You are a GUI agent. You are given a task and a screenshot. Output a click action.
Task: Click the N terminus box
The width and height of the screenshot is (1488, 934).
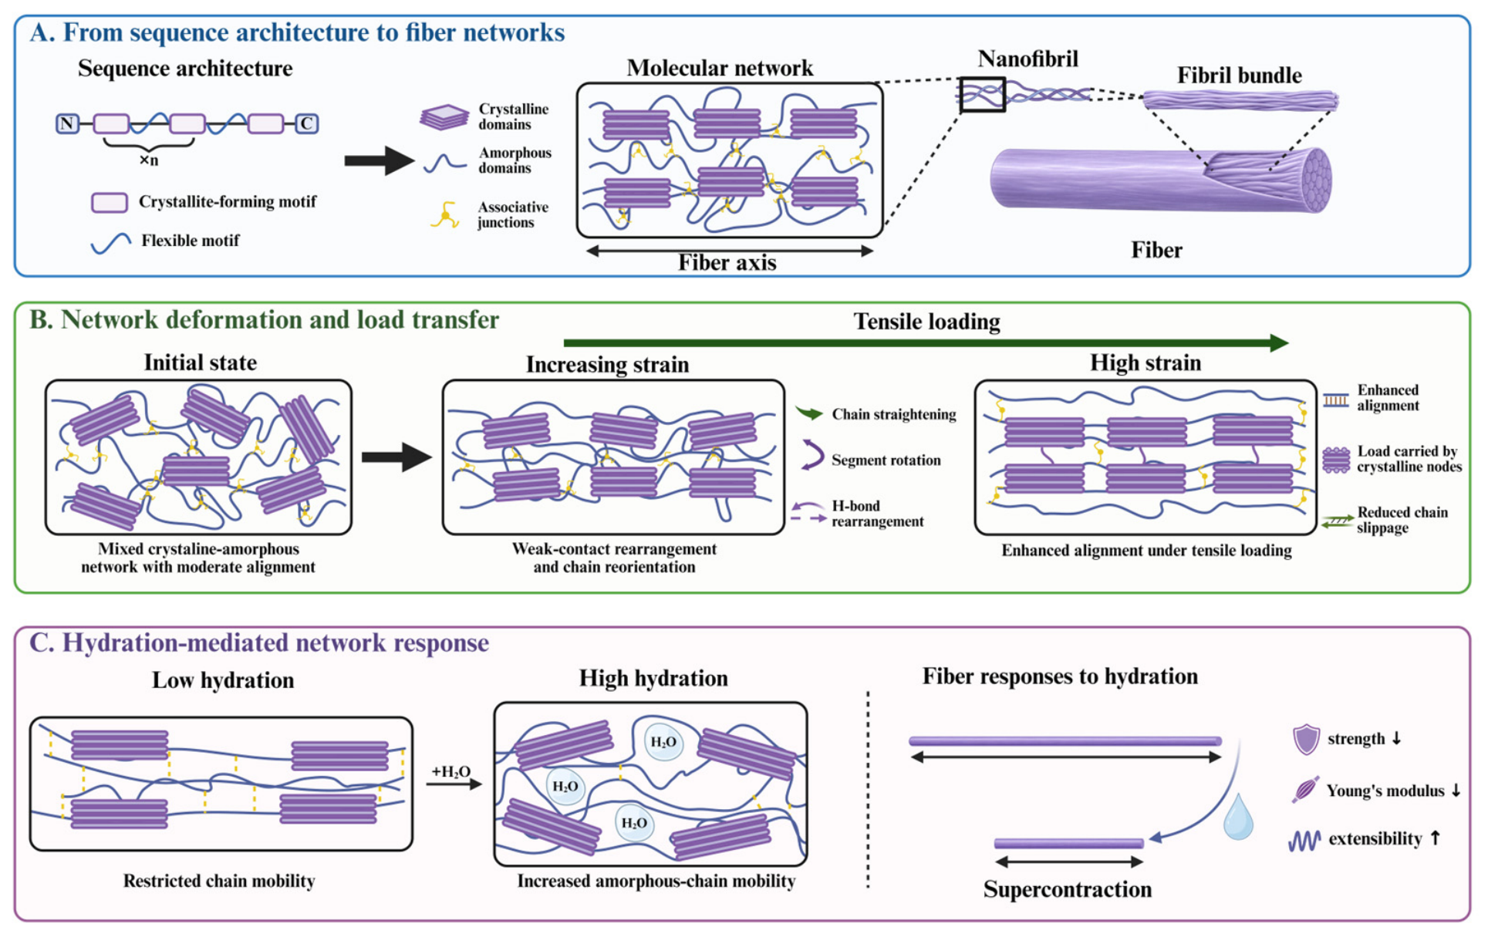coord(67,123)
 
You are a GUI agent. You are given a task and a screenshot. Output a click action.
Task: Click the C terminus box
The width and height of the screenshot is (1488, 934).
coord(307,123)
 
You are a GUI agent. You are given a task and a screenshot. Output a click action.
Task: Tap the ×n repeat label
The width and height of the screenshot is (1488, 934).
coord(149,160)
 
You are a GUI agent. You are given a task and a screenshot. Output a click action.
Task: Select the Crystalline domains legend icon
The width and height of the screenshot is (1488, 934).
coord(444,117)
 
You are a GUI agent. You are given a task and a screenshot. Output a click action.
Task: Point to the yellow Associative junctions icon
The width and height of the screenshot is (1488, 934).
coord(445,214)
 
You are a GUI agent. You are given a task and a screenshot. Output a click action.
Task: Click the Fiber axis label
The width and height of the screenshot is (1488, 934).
coord(727,263)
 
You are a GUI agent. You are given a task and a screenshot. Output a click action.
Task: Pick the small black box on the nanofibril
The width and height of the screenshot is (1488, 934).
coord(982,95)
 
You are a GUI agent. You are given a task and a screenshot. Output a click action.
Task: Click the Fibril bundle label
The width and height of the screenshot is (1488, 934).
coord(1239,76)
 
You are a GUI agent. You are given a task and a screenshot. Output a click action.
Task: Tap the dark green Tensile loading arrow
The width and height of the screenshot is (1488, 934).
coord(926,343)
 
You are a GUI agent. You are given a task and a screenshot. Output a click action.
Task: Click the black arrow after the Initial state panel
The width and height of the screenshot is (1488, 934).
coord(396,457)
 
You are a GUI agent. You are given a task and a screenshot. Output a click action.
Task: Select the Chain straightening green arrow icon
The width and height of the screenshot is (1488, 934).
coord(809,414)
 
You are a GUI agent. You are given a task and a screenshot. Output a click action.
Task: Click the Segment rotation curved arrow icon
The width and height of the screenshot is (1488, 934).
coord(811,455)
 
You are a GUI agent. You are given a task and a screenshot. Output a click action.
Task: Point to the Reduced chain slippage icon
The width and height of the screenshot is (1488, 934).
coord(1337,521)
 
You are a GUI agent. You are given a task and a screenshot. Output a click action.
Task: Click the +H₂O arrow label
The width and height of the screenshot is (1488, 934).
coord(450,772)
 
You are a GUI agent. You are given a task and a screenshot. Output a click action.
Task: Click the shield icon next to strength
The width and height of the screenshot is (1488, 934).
coord(1306,739)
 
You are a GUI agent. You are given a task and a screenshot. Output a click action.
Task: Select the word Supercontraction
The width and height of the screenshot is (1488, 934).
coord(1067,890)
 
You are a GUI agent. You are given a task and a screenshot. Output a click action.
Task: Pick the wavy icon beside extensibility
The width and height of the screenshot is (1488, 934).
coord(1304,840)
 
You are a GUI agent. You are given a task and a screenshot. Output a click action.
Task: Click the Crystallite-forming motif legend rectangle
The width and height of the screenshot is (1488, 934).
coord(110,202)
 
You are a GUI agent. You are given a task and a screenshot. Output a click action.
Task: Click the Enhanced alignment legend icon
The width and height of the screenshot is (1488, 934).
coord(1336,400)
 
